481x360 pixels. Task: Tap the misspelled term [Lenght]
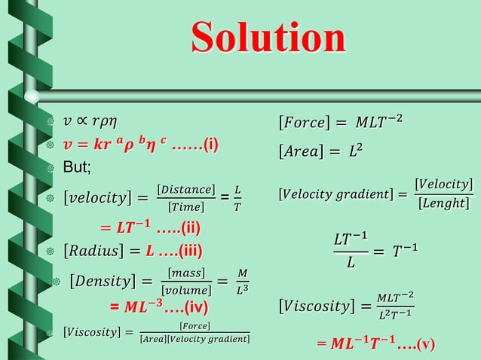(443, 204)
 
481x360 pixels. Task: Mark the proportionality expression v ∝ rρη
(90, 121)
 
